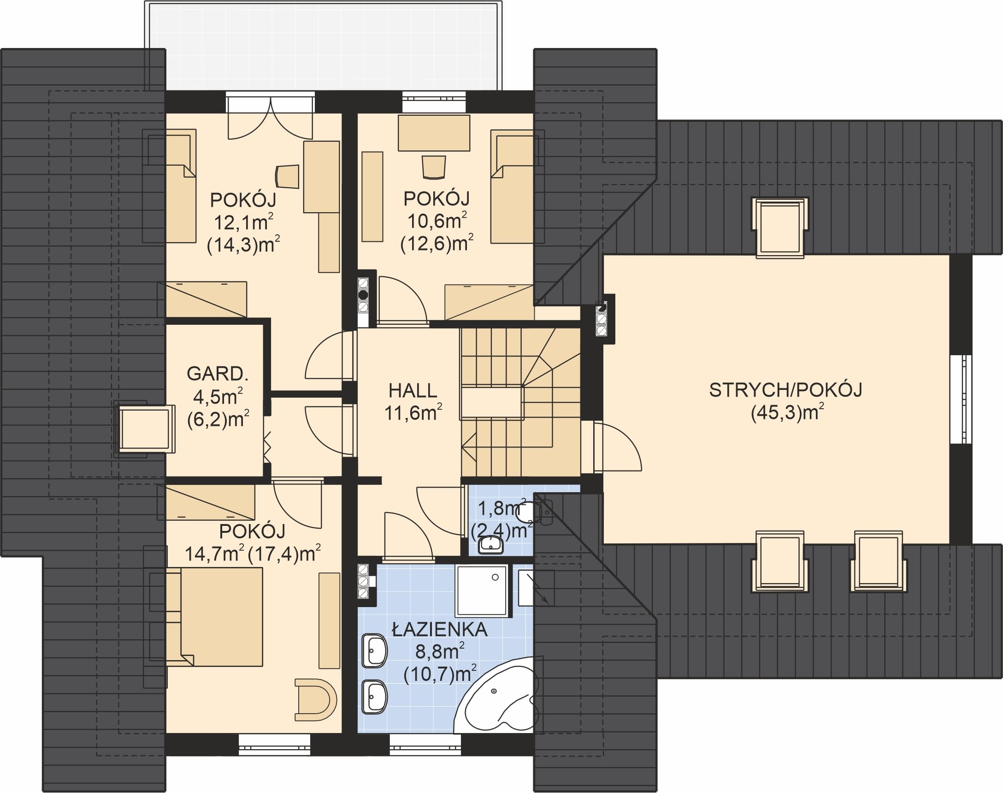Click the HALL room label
pyautogui.click(x=413, y=390)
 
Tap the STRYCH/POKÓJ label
pyautogui.click(x=785, y=390)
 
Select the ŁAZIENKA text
pyautogui.click(x=439, y=630)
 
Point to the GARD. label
pyautogui.click(x=218, y=374)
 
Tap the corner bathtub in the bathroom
pyautogui.click(x=496, y=695)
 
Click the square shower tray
pyautogui.click(x=482, y=590)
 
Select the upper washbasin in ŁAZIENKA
pyautogui.click(x=374, y=650)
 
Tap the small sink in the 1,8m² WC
pyautogui.click(x=491, y=544)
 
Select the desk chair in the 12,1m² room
pyautogui.click(x=288, y=176)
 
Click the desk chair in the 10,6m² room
pyautogui.click(x=433, y=167)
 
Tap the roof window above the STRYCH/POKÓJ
pyautogui.click(x=780, y=228)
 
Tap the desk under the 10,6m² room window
pyautogui.click(x=434, y=133)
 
